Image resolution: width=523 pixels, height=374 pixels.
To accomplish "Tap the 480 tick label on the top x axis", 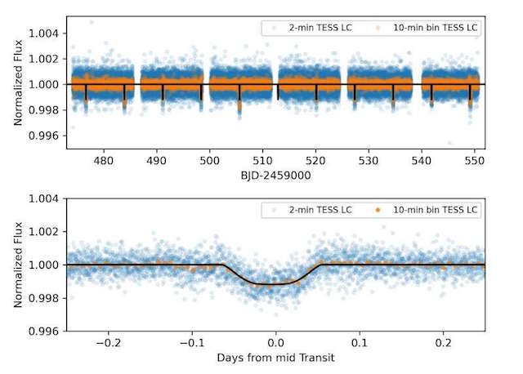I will coord(104,161).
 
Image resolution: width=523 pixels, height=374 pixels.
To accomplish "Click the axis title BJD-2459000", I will coord(276,174).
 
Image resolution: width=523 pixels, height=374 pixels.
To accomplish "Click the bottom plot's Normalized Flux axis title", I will coord(17,265).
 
